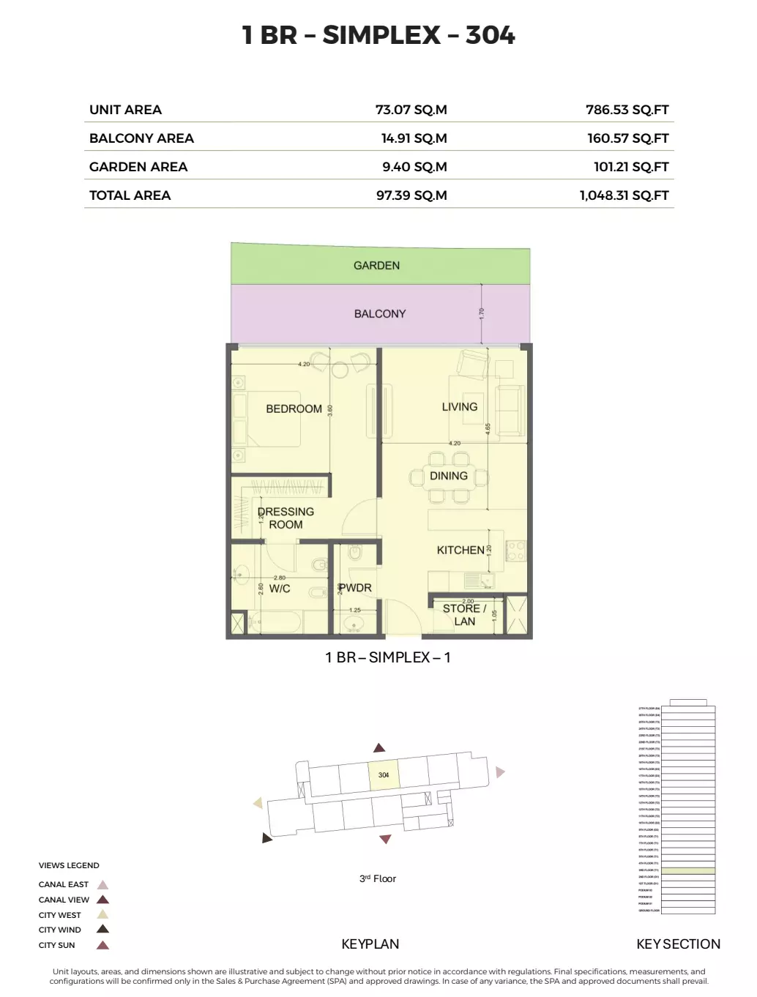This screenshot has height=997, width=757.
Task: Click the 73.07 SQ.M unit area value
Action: pyautogui.click(x=411, y=110)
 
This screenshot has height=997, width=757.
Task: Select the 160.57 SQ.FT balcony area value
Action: pyautogui.click(x=627, y=138)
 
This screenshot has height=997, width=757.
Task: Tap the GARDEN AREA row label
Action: pyautogui.click(x=138, y=167)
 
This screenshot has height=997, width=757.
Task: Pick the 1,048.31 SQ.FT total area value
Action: pyautogui.click(x=624, y=195)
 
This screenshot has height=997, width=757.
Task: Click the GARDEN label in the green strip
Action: pyautogui.click(x=376, y=266)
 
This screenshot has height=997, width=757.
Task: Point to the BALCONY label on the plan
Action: pyautogui.click(x=379, y=314)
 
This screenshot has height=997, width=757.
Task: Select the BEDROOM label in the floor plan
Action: pyautogui.click(x=294, y=409)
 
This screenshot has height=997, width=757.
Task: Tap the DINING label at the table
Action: pyautogui.click(x=448, y=476)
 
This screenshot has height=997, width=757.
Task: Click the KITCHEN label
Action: pyautogui.click(x=460, y=550)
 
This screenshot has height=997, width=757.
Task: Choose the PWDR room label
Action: pyautogui.click(x=356, y=588)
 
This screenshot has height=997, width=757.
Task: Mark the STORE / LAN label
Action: pyautogui.click(x=464, y=615)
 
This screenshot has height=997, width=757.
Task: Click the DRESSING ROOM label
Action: pyautogui.click(x=286, y=518)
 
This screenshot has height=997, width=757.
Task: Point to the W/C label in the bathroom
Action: pyautogui.click(x=280, y=589)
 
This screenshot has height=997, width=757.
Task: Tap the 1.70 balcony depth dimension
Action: pyautogui.click(x=482, y=313)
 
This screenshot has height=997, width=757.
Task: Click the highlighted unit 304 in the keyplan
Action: pyautogui.click(x=384, y=775)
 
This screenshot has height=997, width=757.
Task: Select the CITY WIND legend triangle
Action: pyautogui.click(x=103, y=930)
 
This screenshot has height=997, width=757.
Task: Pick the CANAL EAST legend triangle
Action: pyautogui.click(x=103, y=884)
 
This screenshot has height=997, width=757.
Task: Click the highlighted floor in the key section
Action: pyautogui.click(x=687, y=871)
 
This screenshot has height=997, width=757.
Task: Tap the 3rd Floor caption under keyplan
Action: pyautogui.click(x=377, y=879)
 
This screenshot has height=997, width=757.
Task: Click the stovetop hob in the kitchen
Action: pyautogui.click(x=516, y=551)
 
